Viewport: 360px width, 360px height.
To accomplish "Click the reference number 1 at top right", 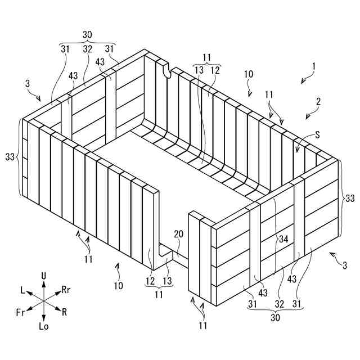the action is [x=314, y=66].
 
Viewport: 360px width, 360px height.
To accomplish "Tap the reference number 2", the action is [x=318, y=102].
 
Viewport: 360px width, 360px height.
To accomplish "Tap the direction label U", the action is [x=44, y=275].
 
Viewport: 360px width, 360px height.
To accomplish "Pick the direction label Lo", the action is [x=44, y=327].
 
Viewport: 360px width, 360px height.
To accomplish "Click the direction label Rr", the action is [x=66, y=290].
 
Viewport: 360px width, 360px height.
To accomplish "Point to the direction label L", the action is [x=23, y=290].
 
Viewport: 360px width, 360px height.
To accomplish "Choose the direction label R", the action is [x=65, y=311].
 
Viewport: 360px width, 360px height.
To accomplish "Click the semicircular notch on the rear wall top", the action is [x=166, y=70].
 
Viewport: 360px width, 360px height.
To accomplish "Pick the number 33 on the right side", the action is [x=350, y=198].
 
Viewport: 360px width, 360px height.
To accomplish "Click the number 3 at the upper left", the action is [x=28, y=84].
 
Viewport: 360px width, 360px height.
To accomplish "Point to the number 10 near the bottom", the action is [x=118, y=285].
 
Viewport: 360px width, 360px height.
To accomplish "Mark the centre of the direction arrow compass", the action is [x=44, y=301].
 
